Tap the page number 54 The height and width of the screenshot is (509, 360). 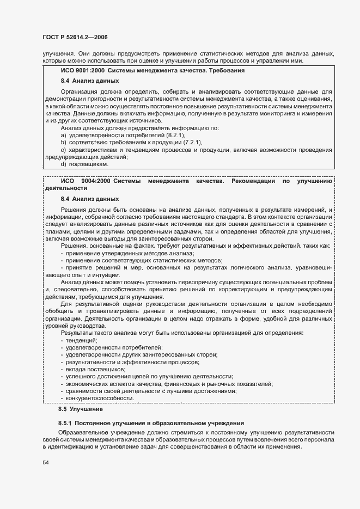click(x=46, y=462)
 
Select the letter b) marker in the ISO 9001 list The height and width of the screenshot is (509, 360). click(x=64, y=142)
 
